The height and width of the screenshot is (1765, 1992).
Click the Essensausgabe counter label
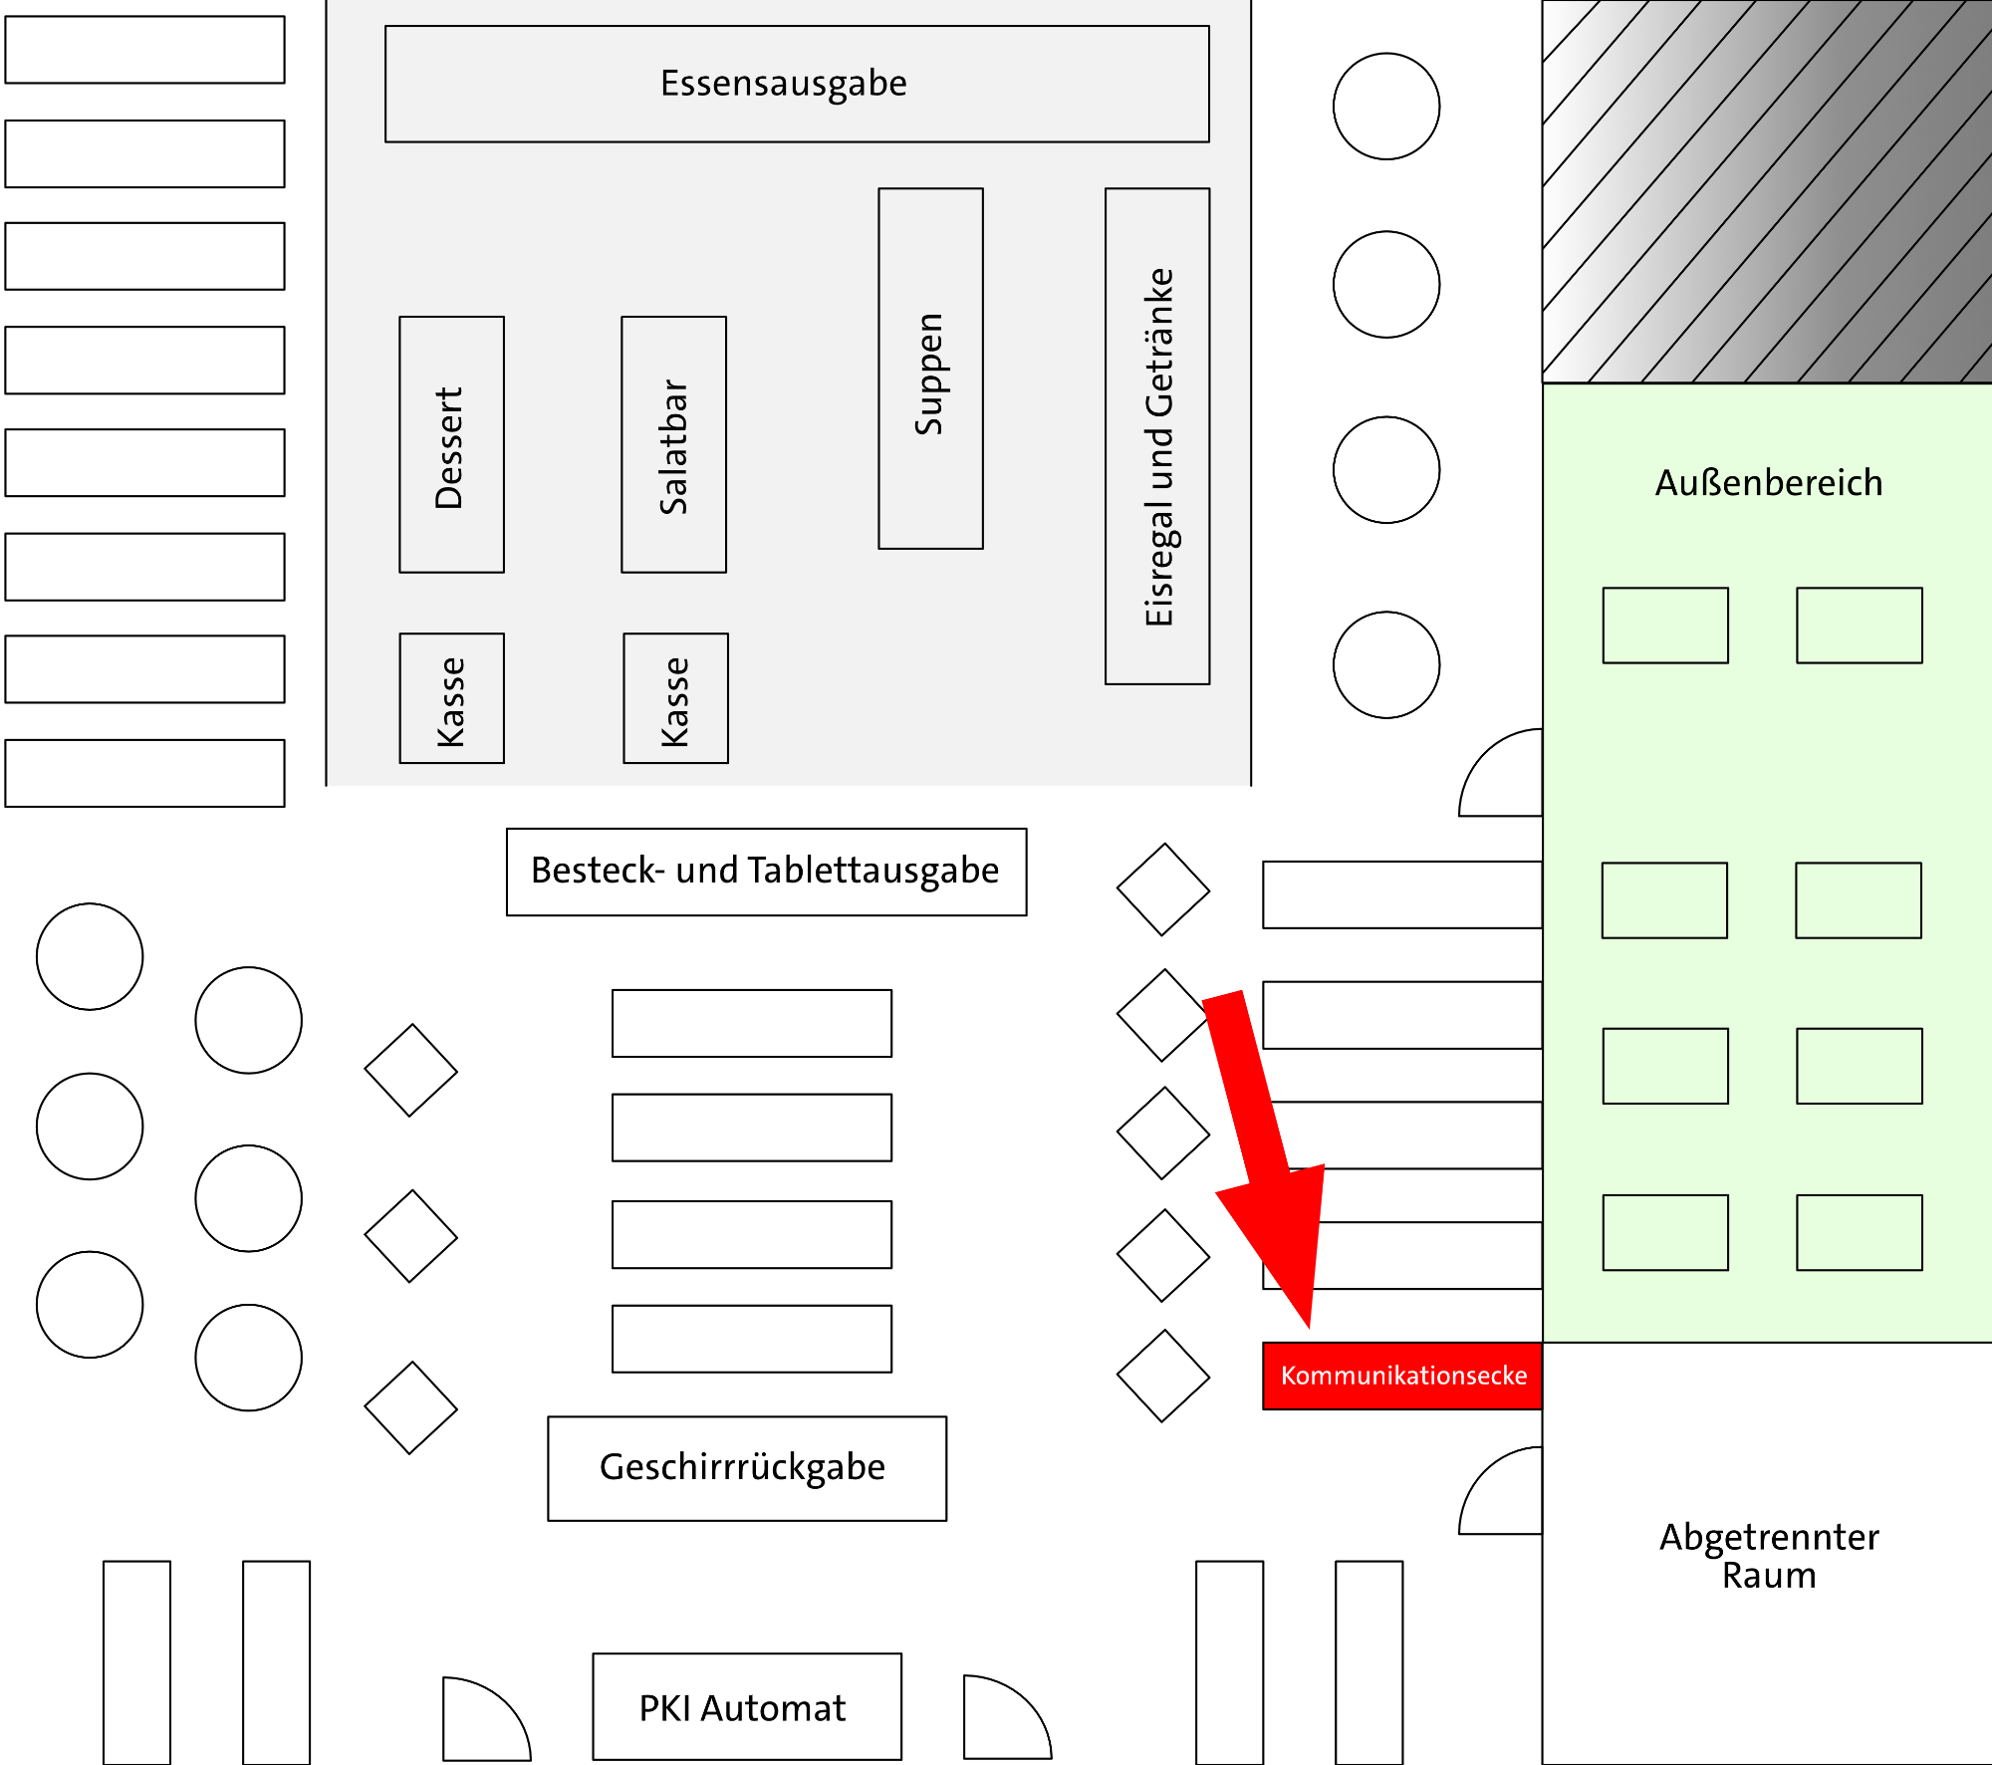pos(784,84)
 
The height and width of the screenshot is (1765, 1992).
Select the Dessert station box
pos(451,444)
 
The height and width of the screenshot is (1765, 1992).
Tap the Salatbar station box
pos(673,444)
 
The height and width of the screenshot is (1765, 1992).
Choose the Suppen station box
pos(930,369)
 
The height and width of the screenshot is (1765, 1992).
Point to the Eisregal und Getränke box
pos(1157,436)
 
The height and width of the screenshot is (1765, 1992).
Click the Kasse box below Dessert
pos(451,698)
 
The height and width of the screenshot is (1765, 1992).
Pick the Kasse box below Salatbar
pos(675,698)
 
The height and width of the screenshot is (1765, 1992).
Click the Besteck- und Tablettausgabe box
pos(766,872)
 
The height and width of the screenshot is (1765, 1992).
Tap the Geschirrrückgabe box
pos(746,1468)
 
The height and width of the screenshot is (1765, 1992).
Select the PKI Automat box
pos(746,1707)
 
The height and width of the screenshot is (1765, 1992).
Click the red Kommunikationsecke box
pos(1402,1376)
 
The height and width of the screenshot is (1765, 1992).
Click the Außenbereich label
pos(1769,483)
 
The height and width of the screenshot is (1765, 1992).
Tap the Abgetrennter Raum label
pos(1769,1556)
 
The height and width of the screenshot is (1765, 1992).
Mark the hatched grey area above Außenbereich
pos(1767,191)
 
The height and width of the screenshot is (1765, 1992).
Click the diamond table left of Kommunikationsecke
pos(1162,1376)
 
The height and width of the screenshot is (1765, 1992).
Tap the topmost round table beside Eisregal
pos(1385,107)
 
